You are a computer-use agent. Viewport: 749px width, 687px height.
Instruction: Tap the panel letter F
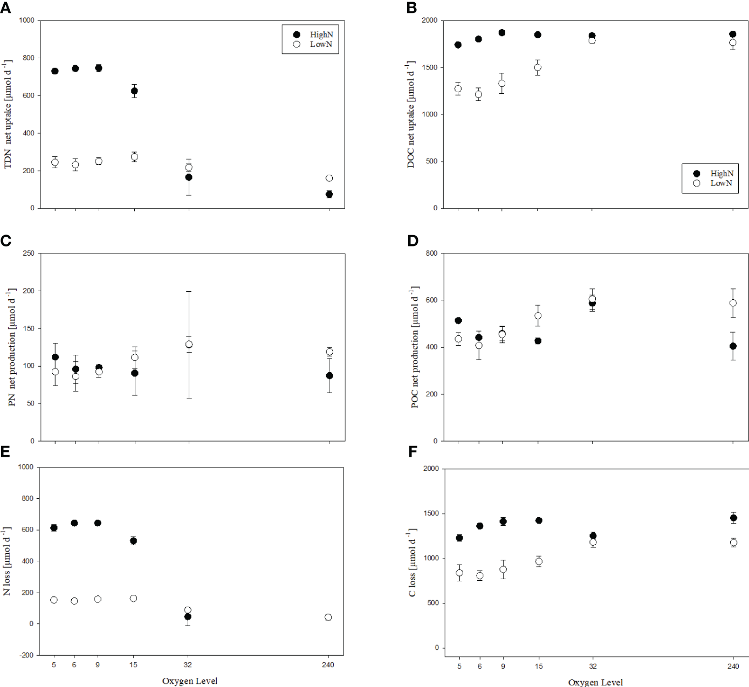(x=413, y=451)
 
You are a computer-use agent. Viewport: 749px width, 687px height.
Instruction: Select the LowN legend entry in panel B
(x=713, y=183)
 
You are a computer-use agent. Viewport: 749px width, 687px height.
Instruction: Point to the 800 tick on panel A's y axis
(x=27, y=58)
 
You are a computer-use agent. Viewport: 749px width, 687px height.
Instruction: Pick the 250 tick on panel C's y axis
(x=28, y=253)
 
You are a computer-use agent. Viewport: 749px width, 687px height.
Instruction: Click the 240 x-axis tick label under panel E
(x=328, y=665)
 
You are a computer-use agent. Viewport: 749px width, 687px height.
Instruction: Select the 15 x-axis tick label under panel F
(x=539, y=667)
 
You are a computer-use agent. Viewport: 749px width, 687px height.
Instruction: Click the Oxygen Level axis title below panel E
(x=190, y=681)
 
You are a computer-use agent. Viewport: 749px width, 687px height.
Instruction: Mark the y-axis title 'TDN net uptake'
(x=8, y=114)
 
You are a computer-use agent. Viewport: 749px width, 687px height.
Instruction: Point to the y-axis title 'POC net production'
(x=414, y=347)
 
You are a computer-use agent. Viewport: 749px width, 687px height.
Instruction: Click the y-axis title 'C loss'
(x=413, y=562)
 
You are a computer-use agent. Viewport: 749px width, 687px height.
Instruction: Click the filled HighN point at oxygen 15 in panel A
(x=134, y=91)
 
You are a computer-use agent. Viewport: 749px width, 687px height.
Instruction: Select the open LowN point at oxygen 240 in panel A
(x=329, y=178)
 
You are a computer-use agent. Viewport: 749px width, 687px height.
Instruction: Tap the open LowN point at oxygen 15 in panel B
(x=538, y=67)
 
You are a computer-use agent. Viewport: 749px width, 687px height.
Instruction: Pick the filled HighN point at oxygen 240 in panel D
(x=733, y=346)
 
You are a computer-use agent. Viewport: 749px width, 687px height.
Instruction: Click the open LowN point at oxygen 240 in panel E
(x=328, y=617)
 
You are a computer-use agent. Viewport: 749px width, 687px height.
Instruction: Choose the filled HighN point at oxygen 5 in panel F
(x=459, y=538)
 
